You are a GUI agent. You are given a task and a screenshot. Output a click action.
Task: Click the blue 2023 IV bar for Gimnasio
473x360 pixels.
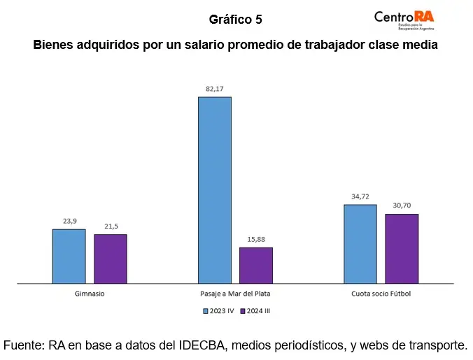[69, 256]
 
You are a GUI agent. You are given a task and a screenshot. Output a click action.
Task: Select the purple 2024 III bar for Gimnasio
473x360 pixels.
[111, 259]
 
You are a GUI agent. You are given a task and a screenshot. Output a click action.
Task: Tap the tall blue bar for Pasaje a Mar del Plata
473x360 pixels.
[214, 190]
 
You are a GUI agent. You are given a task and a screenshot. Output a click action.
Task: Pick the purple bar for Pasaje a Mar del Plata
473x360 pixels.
[256, 265]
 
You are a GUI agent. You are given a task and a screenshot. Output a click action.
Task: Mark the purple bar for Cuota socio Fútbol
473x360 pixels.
[402, 248]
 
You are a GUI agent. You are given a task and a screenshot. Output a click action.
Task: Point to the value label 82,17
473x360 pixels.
[214, 89]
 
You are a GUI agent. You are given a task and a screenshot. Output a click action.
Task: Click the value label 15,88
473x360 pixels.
[256, 239]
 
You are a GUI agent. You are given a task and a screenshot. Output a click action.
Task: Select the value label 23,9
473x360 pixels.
[69, 221]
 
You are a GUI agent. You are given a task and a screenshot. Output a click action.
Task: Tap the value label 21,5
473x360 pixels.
[111, 226]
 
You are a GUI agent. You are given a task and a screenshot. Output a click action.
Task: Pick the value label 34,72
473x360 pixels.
[360, 196]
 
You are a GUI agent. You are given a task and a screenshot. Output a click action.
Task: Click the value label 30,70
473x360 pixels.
[402, 206]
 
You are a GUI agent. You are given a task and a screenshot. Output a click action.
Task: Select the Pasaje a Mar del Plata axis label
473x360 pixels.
[235, 294]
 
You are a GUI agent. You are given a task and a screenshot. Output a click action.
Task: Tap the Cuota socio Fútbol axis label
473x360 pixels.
[381, 294]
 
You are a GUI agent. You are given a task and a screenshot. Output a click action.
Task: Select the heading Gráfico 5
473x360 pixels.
[235, 20]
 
